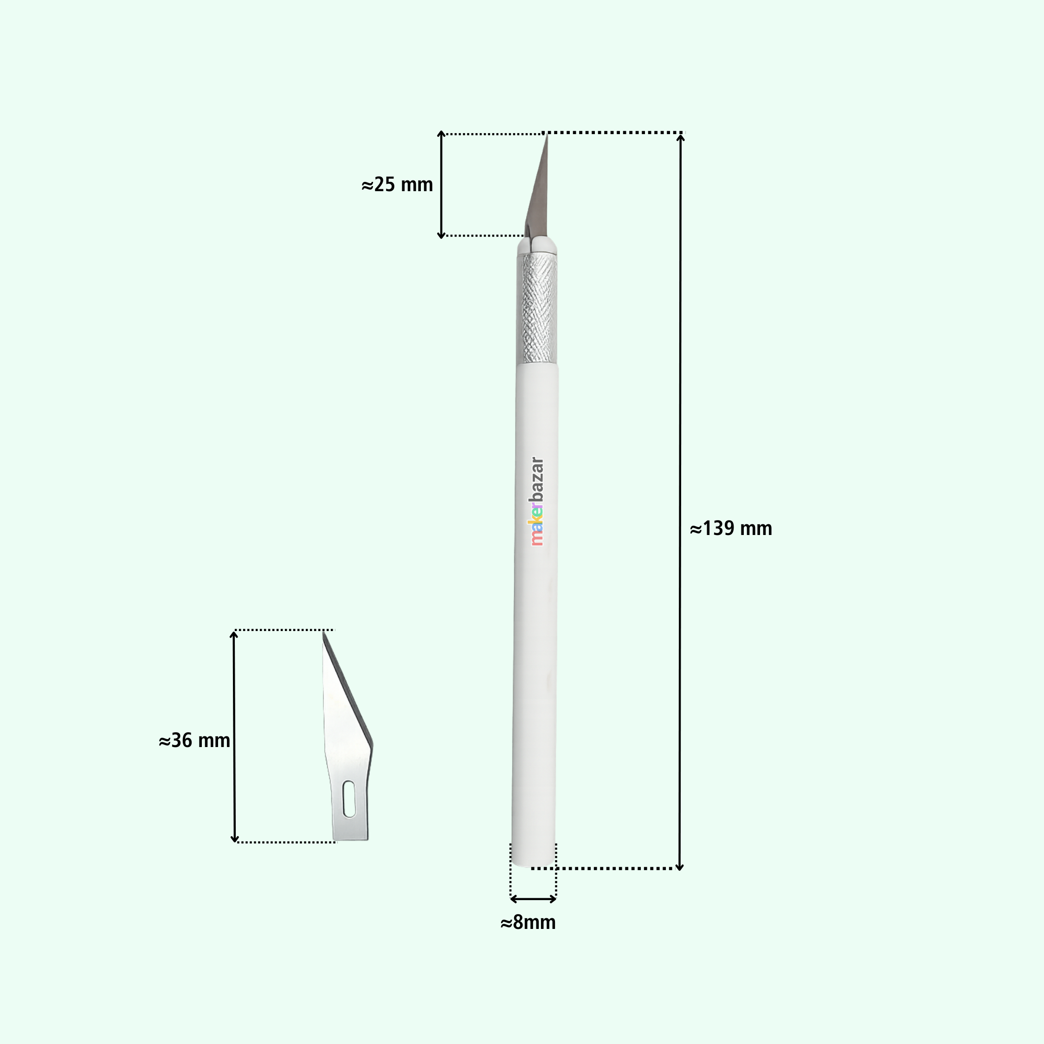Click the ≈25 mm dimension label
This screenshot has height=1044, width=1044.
click(x=397, y=185)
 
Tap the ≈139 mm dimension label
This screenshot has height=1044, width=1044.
click(x=731, y=528)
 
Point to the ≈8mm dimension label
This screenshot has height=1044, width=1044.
click(x=528, y=923)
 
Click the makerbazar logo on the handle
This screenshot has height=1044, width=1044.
click(x=536, y=502)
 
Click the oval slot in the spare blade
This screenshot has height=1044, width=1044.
click(x=349, y=799)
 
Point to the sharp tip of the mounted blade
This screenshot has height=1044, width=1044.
click(x=547, y=135)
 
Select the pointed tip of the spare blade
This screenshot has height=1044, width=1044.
click(x=323, y=633)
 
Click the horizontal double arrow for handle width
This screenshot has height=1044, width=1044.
click(x=533, y=899)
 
